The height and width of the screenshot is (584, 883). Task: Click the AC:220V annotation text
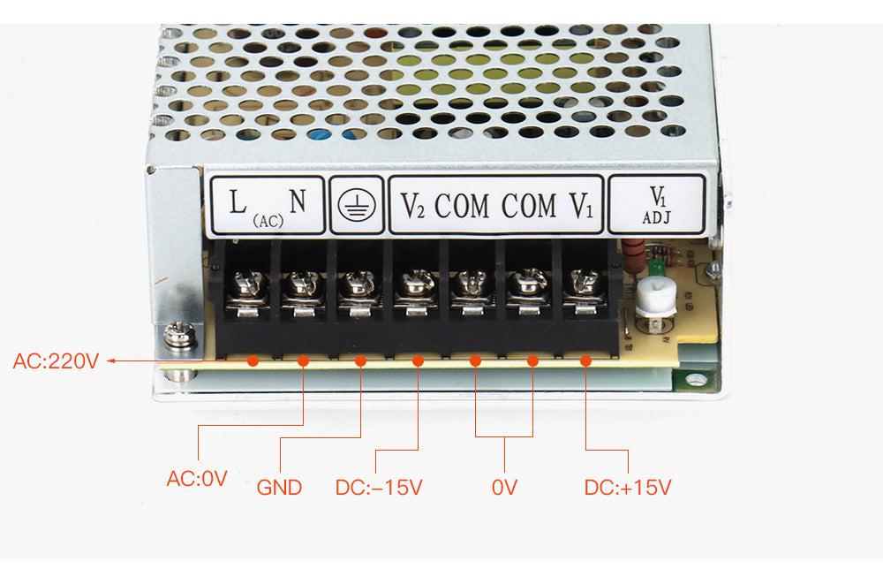pyautogui.click(x=56, y=360)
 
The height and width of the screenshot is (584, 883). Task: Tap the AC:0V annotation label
pyautogui.click(x=197, y=479)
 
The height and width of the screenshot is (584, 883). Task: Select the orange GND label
pyautogui.click(x=279, y=487)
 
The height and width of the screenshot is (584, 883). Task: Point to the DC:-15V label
pyautogui.click(x=379, y=487)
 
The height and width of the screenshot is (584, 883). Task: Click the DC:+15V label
pyautogui.click(x=628, y=487)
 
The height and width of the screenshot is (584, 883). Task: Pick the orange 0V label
pyautogui.click(x=504, y=487)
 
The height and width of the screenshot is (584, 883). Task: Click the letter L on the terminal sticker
pyautogui.click(x=238, y=201)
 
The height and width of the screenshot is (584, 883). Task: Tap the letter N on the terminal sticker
pyautogui.click(x=298, y=201)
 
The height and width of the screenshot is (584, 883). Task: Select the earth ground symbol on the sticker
pyautogui.click(x=357, y=205)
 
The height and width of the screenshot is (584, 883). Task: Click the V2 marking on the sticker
pyautogui.click(x=412, y=206)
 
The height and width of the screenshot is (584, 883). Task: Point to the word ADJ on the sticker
pyautogui.click(x=657, y=217)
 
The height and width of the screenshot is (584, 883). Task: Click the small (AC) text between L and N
pyautogui.click(x=268, y=221)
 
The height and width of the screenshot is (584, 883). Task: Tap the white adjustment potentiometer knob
pyautogui.click(x=656, y=297)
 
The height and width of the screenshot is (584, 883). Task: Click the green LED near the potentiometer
pyautogui.click(x=655, y=267)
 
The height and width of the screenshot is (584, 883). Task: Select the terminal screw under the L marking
pyautogui.click(x=248, y=284)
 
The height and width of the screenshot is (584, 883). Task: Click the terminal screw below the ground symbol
pyautogui.click(x=358, y=284)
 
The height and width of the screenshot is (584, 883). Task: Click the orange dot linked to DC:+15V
pyautogui.click(x=585, y=360)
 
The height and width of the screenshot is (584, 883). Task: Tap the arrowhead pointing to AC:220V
pyautogui.click(x=111, y=360)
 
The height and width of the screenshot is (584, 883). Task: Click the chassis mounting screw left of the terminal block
pyautogui.click(x=179, y=336)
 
